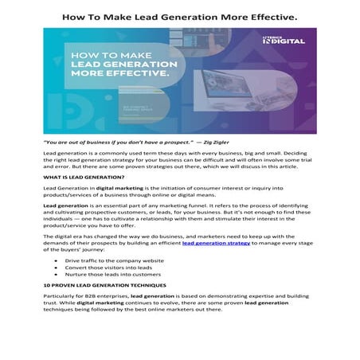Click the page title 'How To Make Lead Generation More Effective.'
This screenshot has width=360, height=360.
pyautogui.click(x=180, y=14)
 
